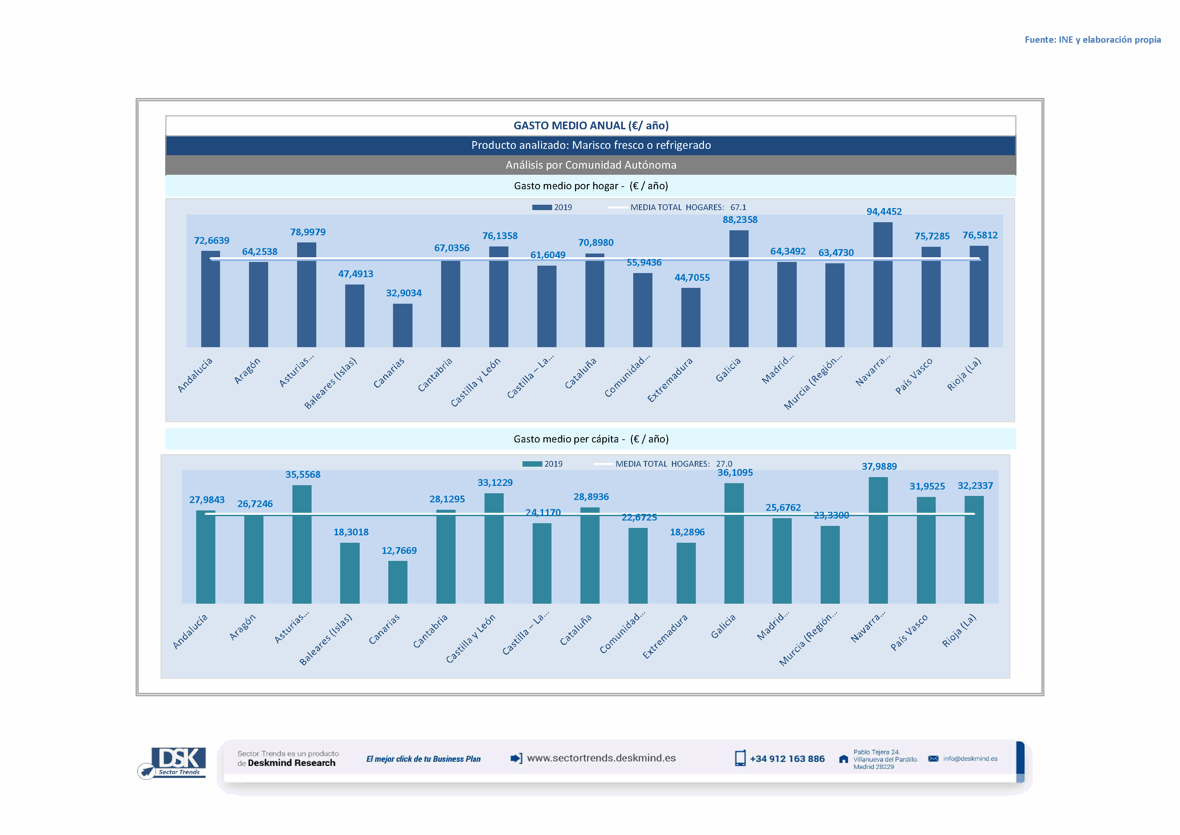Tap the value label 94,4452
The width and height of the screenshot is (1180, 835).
pos(884,211)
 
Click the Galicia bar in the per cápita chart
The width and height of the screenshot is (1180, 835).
pos(734,543)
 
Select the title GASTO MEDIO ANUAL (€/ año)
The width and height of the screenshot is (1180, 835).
pos(591,126)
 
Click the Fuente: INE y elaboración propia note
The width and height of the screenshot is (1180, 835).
pos(1092,40)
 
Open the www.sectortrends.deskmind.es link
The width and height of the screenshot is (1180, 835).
pos(601,758)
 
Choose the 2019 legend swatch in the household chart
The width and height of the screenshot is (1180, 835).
pos(542,207)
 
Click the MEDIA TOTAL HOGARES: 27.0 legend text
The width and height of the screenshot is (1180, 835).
pos(673,464)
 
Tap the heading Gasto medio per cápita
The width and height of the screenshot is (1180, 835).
pos(591,439)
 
